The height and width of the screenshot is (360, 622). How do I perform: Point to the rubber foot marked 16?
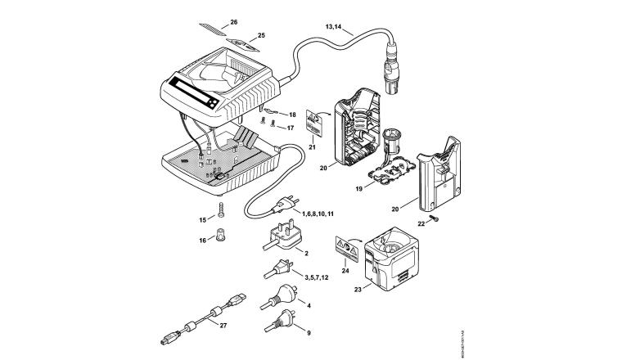pyautogui.click(x=221, y=240)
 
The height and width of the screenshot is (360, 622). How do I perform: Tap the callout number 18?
pyautogui.click(x=291, y=115)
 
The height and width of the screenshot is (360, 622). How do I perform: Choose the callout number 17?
pyautogui.click(x=291, y=128)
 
